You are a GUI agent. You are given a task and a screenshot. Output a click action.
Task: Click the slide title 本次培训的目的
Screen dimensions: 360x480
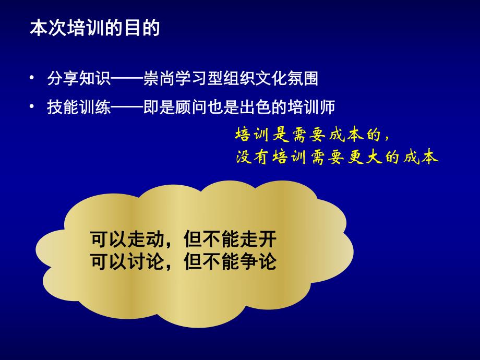tap(94, 28)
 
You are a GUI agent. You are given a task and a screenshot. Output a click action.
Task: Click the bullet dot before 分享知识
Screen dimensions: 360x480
tap(33, 79)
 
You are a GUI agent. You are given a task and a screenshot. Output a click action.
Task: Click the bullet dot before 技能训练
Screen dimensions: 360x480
tap(33, 107)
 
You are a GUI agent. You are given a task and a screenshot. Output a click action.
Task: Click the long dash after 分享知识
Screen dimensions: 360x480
tap(125, 79)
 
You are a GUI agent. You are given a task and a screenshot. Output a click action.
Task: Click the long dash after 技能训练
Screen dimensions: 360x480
tap(125, 107)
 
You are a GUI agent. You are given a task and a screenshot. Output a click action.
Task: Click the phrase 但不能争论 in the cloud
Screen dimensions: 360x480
tap(230, 260)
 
